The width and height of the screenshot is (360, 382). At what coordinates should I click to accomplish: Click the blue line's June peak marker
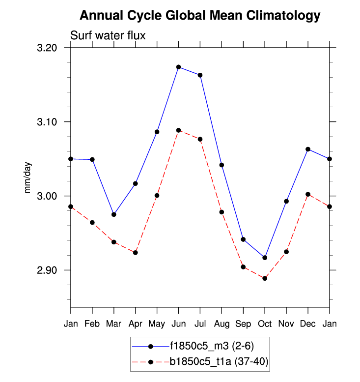tap(179, 67)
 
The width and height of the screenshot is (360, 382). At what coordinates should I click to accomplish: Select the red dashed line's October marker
tap(265, 278)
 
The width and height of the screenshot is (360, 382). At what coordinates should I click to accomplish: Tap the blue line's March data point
tap(114, 214)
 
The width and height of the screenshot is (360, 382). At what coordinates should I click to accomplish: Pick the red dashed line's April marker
tap(136, 253)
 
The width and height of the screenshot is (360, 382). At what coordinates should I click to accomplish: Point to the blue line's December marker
tap(308, 149)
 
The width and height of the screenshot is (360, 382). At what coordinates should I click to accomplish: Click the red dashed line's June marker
tap(179, 130)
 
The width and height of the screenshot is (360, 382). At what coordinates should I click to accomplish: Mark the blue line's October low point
tap(265, 258)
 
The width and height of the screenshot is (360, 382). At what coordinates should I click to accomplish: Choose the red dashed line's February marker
tap(92, 223)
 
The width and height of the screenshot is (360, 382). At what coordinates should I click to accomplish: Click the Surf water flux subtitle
tap(108, 35)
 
